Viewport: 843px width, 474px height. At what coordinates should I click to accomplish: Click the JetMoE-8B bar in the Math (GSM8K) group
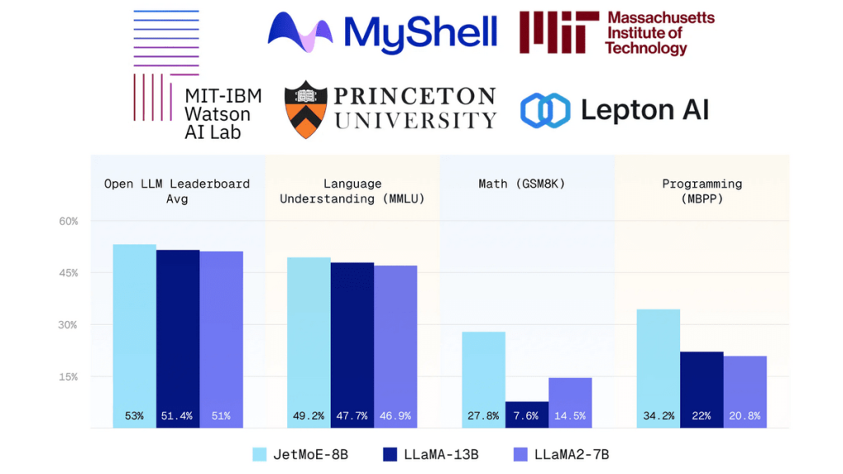(483, 379)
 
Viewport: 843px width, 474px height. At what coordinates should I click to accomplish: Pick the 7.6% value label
(526, 416)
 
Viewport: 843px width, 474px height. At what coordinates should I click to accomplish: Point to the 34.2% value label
(658, 416)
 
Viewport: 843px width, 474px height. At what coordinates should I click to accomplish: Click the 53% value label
(134, 416)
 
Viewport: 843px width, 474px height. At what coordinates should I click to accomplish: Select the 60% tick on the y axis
(68, 221)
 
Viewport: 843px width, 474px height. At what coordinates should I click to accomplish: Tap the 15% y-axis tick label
(68, 377)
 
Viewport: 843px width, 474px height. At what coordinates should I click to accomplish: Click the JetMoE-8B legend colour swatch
(259, 454)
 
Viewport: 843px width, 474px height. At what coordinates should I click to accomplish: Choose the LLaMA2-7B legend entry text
(571, 454)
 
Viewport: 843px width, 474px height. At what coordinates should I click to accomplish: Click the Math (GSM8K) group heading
(527, 184)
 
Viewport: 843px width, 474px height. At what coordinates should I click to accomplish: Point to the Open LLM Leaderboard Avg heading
(177, 191)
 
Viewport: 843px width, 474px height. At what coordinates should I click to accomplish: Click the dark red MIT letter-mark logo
(558, 33)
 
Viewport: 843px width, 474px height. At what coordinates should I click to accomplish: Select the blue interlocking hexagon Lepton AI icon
(545, 110)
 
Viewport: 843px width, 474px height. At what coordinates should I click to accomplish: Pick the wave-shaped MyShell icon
(300, 33)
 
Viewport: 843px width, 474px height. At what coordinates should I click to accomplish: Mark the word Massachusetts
(660, 17)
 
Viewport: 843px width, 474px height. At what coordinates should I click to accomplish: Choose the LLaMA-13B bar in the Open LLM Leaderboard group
(178, 337)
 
